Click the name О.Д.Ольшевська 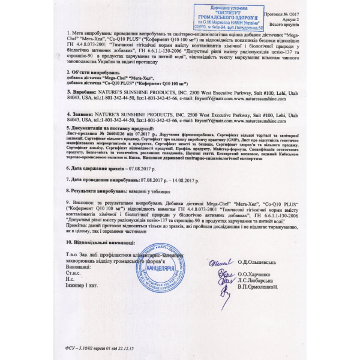pyautogui.click(x=257, y=262)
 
